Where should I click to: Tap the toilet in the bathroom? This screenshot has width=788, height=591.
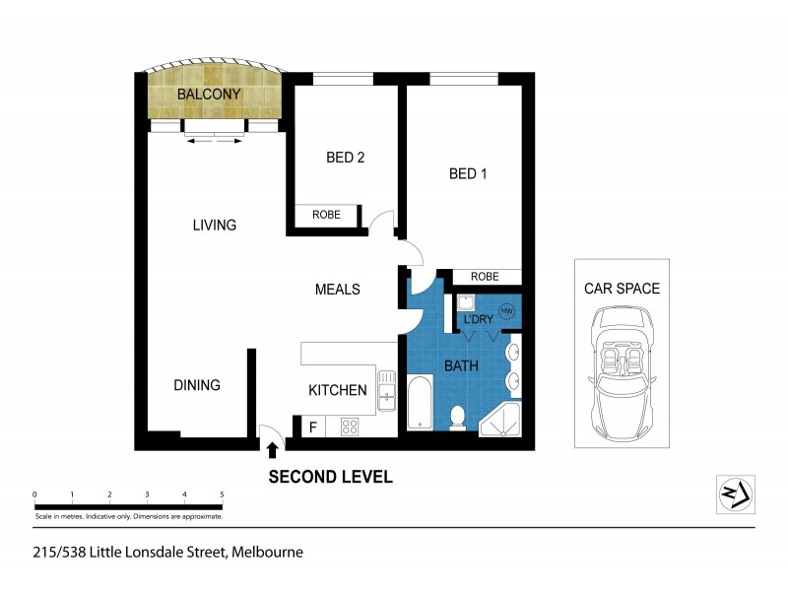tap(456, 419)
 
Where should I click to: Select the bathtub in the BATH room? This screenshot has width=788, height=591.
tap(419, 402)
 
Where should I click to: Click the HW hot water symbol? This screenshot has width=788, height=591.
tap(507, 311)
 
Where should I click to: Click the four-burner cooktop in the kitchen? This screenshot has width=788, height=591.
tap(349, 427)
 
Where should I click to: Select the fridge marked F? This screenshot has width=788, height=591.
tap(313, 427)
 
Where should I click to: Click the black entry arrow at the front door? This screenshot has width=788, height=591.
tap(273, 450)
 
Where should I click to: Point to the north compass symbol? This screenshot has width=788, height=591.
tap(735, 492)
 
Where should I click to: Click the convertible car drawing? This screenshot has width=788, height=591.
tap(622, 374)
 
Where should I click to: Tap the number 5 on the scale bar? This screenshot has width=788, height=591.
tap(222, 494)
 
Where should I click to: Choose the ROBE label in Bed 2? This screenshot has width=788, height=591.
tap(326, 215)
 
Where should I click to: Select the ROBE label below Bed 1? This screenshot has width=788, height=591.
tap(484, 277)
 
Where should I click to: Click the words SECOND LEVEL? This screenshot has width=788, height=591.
tap(331, 477)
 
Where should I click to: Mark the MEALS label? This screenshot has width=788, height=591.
tap(337, 290)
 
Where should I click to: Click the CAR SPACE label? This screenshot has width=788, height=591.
tap(622, 289)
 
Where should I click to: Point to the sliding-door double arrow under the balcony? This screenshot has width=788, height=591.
tap(216, 141)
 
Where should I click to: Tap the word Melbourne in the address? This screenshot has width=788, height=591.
tap(267, 553)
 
